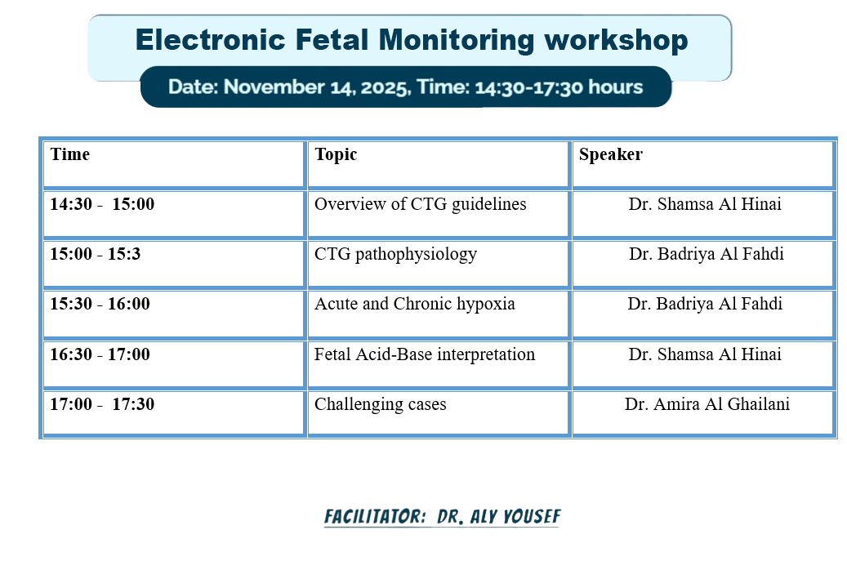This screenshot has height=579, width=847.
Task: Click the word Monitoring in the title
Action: [x=457, y=41]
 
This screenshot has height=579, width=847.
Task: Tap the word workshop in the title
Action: [x=617, y=41]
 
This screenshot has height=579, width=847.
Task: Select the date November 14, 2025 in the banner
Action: [x=316, y=87]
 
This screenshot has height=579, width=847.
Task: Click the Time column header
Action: [x=69, y=154]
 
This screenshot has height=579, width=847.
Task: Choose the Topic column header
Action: [x=336, y=155]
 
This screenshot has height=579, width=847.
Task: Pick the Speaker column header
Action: [x=611, y=155]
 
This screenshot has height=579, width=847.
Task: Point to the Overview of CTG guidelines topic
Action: [x=421, y=205]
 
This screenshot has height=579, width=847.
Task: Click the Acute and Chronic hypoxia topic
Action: [x=415, y=305]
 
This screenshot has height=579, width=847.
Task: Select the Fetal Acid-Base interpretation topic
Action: [x=425, y=355]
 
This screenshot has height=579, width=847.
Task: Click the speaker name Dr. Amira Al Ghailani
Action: [x=707, y=404]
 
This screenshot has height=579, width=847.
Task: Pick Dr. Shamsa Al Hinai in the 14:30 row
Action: [x=705, y=204]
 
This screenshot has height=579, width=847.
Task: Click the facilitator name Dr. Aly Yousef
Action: [x=498, y=517]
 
